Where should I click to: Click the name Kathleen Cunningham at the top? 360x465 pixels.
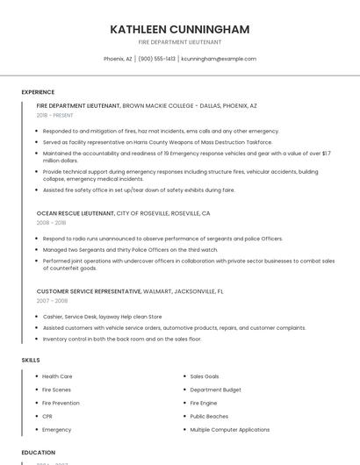(x=179, y=30)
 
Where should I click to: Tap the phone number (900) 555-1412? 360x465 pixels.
(x=156, y=59)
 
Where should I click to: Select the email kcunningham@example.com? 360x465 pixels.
(x=219, y=59)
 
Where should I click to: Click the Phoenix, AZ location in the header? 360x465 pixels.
(x=118, y=59)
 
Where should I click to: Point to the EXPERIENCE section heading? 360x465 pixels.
(x=38, y=92)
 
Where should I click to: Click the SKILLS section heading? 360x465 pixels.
(x=31, y=360)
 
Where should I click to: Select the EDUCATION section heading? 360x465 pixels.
(x=38, y=453)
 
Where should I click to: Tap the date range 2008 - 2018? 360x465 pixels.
(x=51, y=223)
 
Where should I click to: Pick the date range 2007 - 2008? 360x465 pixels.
(x=52, y=300)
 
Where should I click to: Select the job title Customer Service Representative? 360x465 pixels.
(x=89, y=290)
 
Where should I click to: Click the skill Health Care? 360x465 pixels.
(x=57, y=376)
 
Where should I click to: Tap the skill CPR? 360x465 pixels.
(x=47, y=416)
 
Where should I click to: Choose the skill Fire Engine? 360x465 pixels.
(x=203, y=403)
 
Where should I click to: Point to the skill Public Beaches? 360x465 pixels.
(x=209, y=416)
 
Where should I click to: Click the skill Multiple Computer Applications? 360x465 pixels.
(x=229, y=430)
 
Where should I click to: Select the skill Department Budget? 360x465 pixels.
(x=215, y=390)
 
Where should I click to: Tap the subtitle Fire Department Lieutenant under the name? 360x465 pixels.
(x=179, y=42)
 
